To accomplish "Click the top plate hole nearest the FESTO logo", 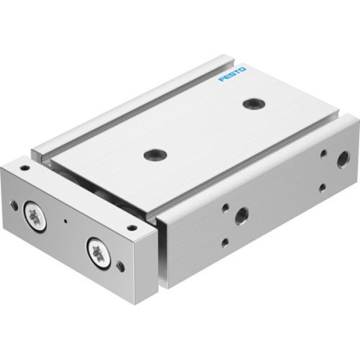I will click(x=251, y=104).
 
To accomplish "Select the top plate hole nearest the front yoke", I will click(x=153, y=153).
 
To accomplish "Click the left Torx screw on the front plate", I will click(x=33, y=215).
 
